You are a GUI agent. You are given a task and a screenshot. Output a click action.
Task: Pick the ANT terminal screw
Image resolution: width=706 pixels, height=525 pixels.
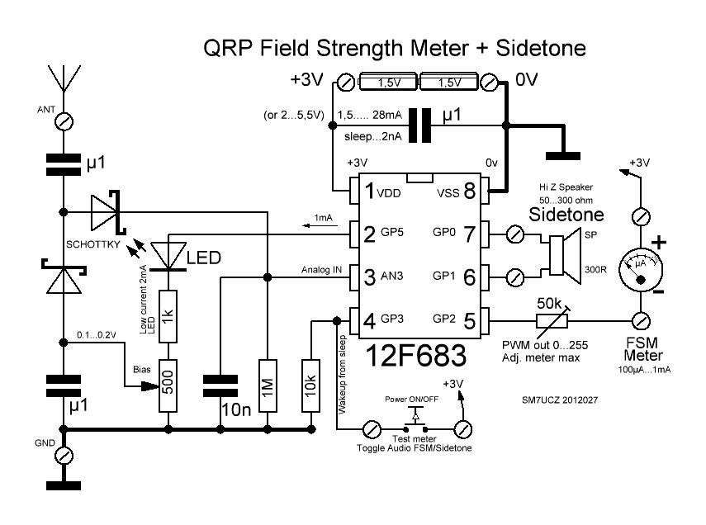[62, 122]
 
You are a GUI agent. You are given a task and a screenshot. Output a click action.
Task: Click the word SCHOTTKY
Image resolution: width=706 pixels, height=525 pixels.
[92, 244]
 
